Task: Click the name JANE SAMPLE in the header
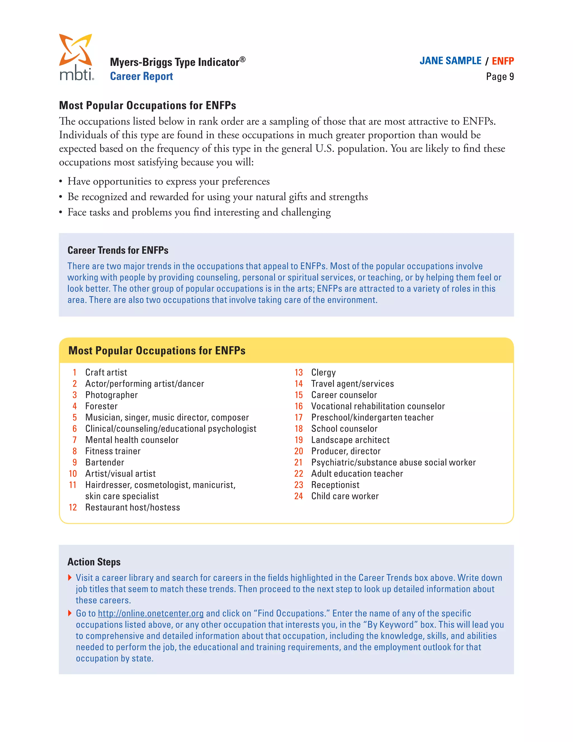pos(450,61)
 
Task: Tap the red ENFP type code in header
pos(502,61)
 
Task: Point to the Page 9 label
pos(500,77)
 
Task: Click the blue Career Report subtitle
pos(141,76)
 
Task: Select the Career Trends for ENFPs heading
pos(118,250)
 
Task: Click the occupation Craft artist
pos(106,372)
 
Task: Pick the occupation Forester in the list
pos(101,406)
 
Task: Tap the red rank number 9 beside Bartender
pos(75,462)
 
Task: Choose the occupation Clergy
pos(323,372)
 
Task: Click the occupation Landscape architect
pos(350,440)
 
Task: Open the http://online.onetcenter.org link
pos(151,613)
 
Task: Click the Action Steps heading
pos(94,562)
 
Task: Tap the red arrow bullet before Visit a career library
pos(70,578)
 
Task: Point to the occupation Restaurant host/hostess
pos(132,507)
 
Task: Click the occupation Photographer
pos(111,395)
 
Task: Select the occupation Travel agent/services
pos(352,384)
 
